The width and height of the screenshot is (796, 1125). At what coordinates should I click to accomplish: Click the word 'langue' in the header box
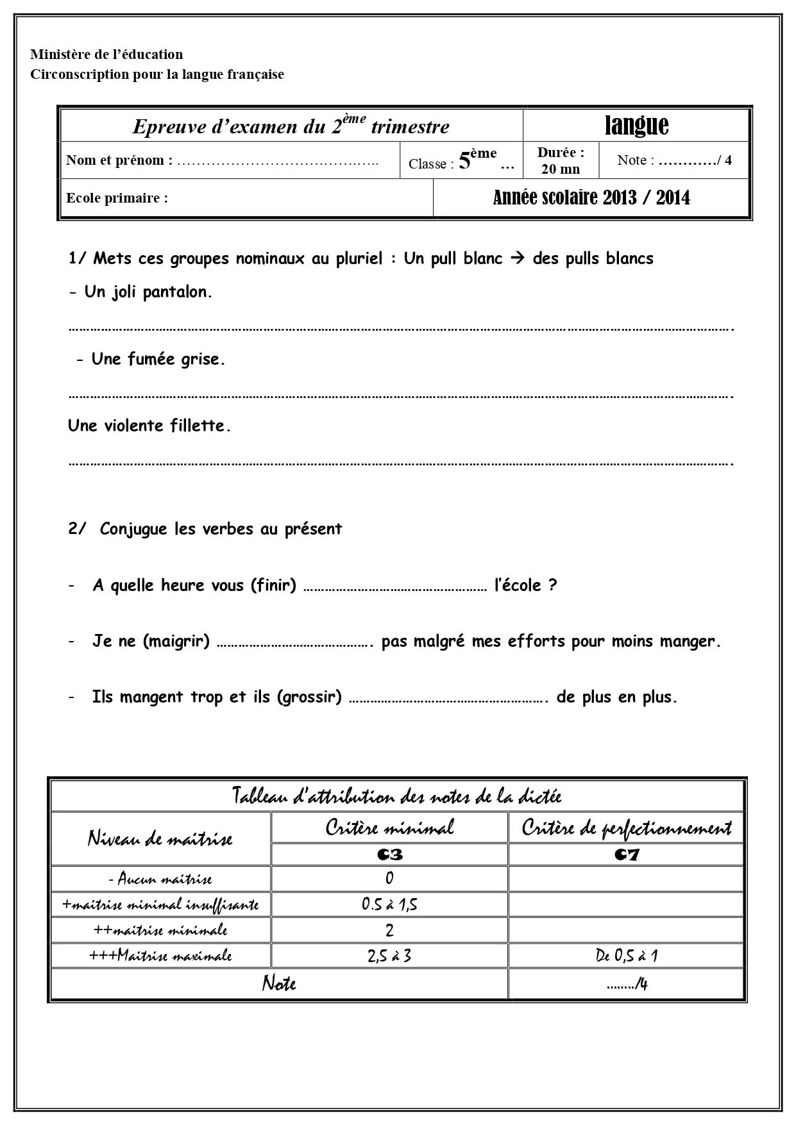tap(636, 126)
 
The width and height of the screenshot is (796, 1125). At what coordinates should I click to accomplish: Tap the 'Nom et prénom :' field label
tap(119, 160)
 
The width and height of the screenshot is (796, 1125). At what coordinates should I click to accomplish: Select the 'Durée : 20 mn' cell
tap(561, 161)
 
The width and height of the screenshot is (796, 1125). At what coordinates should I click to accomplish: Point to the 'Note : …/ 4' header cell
tap(674, 160)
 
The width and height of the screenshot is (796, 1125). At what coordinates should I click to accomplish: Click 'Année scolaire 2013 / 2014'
tap(591, 197)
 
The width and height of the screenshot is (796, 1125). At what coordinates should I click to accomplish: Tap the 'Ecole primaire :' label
tap(117, 198)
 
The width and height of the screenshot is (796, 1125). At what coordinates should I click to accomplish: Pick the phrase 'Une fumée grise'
tap(157, 359)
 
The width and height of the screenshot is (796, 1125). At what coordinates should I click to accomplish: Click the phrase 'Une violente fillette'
tap(149, 426)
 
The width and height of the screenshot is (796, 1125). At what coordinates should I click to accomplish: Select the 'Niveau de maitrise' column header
tap(160, 838)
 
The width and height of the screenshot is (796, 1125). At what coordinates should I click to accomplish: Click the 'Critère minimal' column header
tap(389, 828)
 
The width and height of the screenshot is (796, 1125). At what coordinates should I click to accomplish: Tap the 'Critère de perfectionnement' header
tap(626, 828)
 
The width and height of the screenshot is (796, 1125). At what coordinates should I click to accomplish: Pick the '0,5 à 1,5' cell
tap(389, 904)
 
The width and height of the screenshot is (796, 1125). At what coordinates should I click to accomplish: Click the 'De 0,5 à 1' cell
tap(626, 956)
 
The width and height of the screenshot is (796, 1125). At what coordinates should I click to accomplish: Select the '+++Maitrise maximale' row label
tap(160, 956)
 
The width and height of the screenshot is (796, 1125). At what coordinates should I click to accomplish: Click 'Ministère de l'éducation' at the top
tap(106, 54)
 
